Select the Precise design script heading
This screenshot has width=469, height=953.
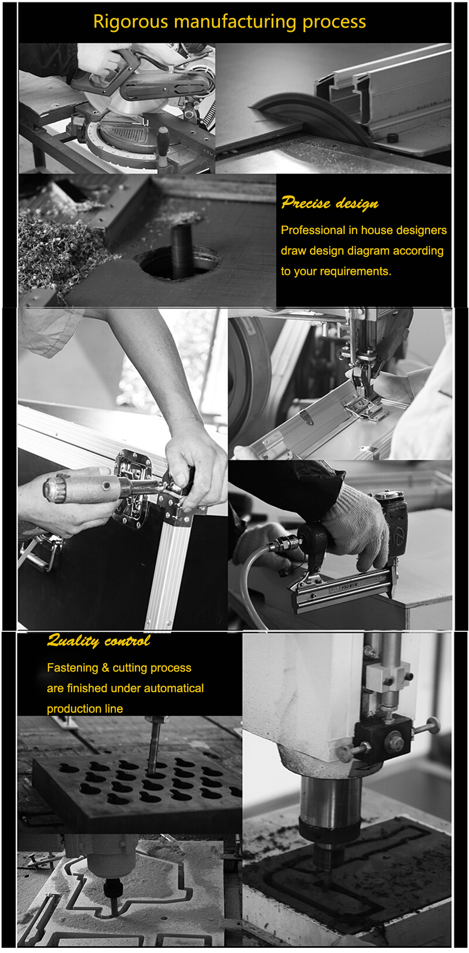point(330,203)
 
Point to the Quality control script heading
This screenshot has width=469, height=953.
point(98,641)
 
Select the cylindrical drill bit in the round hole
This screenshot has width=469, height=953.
point(182,251)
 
